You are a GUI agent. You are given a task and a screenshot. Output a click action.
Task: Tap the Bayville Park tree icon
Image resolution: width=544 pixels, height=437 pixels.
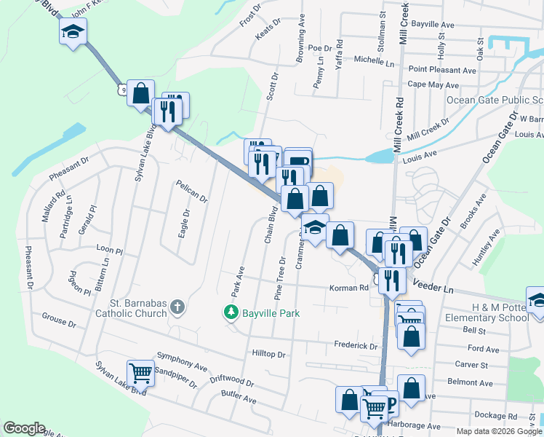pyautogui.click(x=231, y=312)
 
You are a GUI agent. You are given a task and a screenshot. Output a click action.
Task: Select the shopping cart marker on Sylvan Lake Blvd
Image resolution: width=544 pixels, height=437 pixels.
pyautogui.click(x=140, y=373)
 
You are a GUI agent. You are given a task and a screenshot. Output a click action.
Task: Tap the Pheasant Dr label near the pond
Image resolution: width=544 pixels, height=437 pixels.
pyautogui.click(x=69, y=169)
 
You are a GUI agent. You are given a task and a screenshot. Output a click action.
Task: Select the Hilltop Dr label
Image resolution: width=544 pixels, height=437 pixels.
pyautogui.click(x=268, y=354)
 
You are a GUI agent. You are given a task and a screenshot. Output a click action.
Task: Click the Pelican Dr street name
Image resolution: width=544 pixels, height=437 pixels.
pyautogui.click(x=192, y=192)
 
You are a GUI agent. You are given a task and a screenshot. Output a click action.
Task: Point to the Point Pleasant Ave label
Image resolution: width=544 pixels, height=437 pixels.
pyautogui.click(x=442, y=70)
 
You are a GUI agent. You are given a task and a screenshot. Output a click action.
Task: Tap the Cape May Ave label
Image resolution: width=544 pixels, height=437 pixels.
pyautogui.click(x=432, y=84)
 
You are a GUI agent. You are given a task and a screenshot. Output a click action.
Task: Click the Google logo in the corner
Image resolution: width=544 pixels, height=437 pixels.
pyautogui.click(x=24, y=428)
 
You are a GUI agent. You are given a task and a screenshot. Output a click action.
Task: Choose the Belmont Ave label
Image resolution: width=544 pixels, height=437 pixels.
pyautogui.click(x=471, y=382)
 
